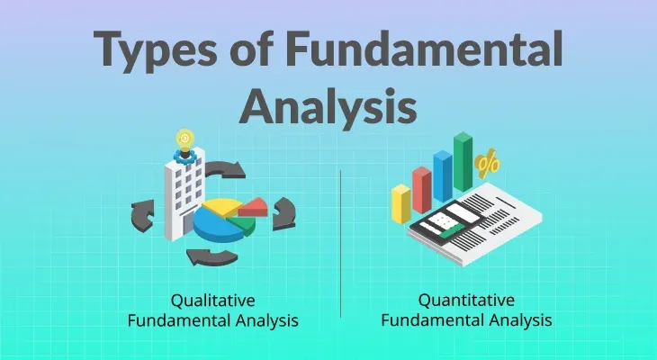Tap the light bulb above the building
(x=185, y=140)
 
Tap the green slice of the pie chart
(x=243, y=224)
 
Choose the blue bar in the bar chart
(x=442, y=175)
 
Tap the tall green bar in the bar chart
(x=463, y=162)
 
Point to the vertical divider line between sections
(x=341, y=243)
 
